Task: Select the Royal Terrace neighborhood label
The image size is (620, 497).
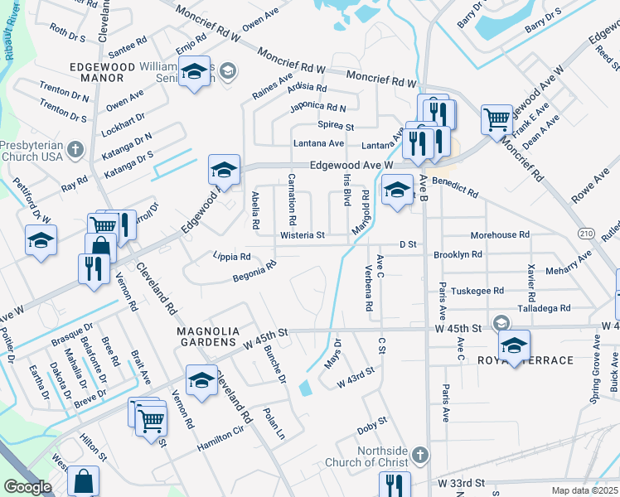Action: click(x=526, y=361)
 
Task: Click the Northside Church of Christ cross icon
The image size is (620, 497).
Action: click(x=420, y=455)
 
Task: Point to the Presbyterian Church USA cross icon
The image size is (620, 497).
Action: click(x=75, y=149)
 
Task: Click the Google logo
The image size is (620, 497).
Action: click(x=27, y=487)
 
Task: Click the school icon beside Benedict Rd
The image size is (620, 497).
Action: click(x=397, y=191)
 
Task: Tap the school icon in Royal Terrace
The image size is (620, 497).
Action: click(x=514, y=345)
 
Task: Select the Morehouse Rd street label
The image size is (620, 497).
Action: click(x=500, y=235)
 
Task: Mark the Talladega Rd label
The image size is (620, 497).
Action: click(x=543, y=307)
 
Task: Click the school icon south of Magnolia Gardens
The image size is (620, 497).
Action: click(x=201, y=380)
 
